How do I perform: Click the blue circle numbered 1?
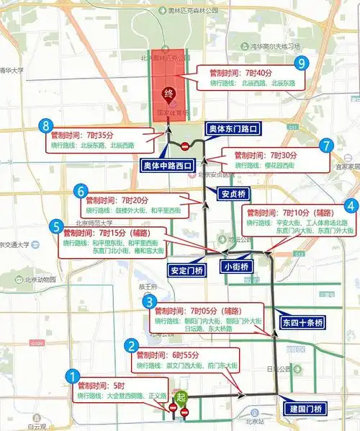point(72,376)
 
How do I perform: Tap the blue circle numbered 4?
point(351,205)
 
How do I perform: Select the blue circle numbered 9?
point(301,63)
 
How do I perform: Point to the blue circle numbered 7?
point(328,146)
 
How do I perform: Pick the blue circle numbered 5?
point(57,226)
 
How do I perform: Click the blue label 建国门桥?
point(305,409)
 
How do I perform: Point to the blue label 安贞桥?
point(235,193)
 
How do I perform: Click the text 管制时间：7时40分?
point(240,73)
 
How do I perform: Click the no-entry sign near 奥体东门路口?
point(185,146)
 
